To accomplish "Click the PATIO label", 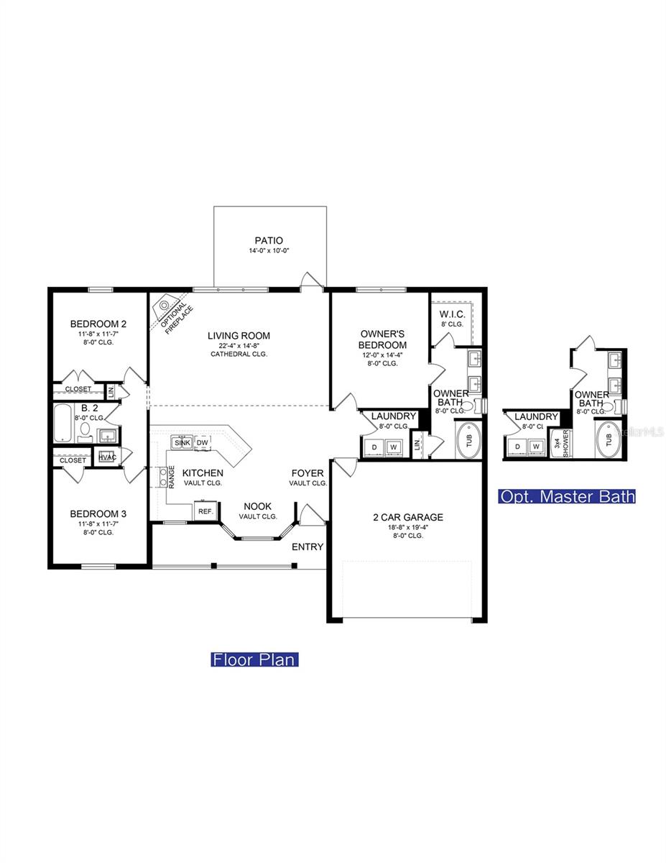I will (269, 240).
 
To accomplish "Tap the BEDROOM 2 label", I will (98, 323).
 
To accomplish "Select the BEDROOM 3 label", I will (98, 513).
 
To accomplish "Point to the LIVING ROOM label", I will (239, 335).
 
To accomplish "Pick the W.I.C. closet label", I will (453, 314).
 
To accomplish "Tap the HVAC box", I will (107, 457).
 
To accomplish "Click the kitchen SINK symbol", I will (181, 442).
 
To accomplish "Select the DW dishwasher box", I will (203, 442).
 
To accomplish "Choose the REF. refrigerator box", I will (204, 511).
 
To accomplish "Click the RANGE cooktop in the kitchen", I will (164, 475).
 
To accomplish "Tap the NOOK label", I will (257, 506).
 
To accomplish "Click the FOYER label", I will (307, 473).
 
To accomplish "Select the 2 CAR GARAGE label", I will (407, 516).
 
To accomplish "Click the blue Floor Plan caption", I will (254, 659).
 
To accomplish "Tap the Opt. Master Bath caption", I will (568, 496).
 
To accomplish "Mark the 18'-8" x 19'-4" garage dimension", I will (407, 527).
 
